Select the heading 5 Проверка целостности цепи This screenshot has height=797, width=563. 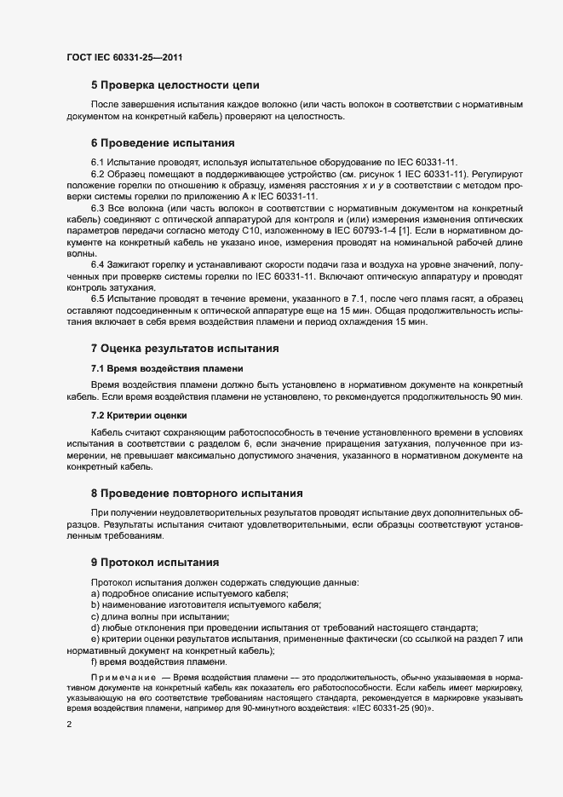[x=175, y=85]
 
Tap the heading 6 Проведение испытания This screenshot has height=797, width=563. [x=162, y=142]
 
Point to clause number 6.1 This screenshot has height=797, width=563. [x=98, y=161]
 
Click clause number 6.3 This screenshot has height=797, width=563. [x=98, y=208]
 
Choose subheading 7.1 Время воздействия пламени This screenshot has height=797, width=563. [x=166, y=367]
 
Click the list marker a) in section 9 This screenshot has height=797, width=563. [x=95, y=593]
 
